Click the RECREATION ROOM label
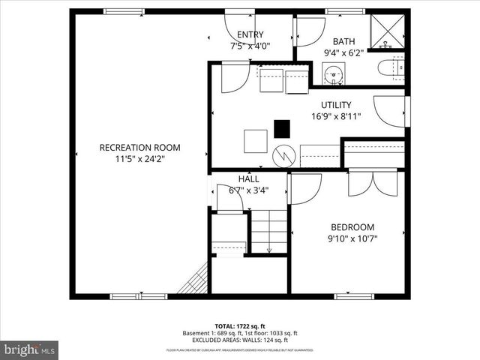click(139, 148)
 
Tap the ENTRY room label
click(250, 35)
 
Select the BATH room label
click(344, 42)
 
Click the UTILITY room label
click(336, 105)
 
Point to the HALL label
click(249, 179)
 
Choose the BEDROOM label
click(352, 227)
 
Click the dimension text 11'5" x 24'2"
click(139, 158)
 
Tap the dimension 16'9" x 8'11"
click(336, 116)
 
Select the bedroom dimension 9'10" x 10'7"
click(352, 238)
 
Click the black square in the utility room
click(282, 129)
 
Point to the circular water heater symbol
click(284, 156)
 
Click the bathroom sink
click(334, 73)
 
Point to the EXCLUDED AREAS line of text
click(240, 340)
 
